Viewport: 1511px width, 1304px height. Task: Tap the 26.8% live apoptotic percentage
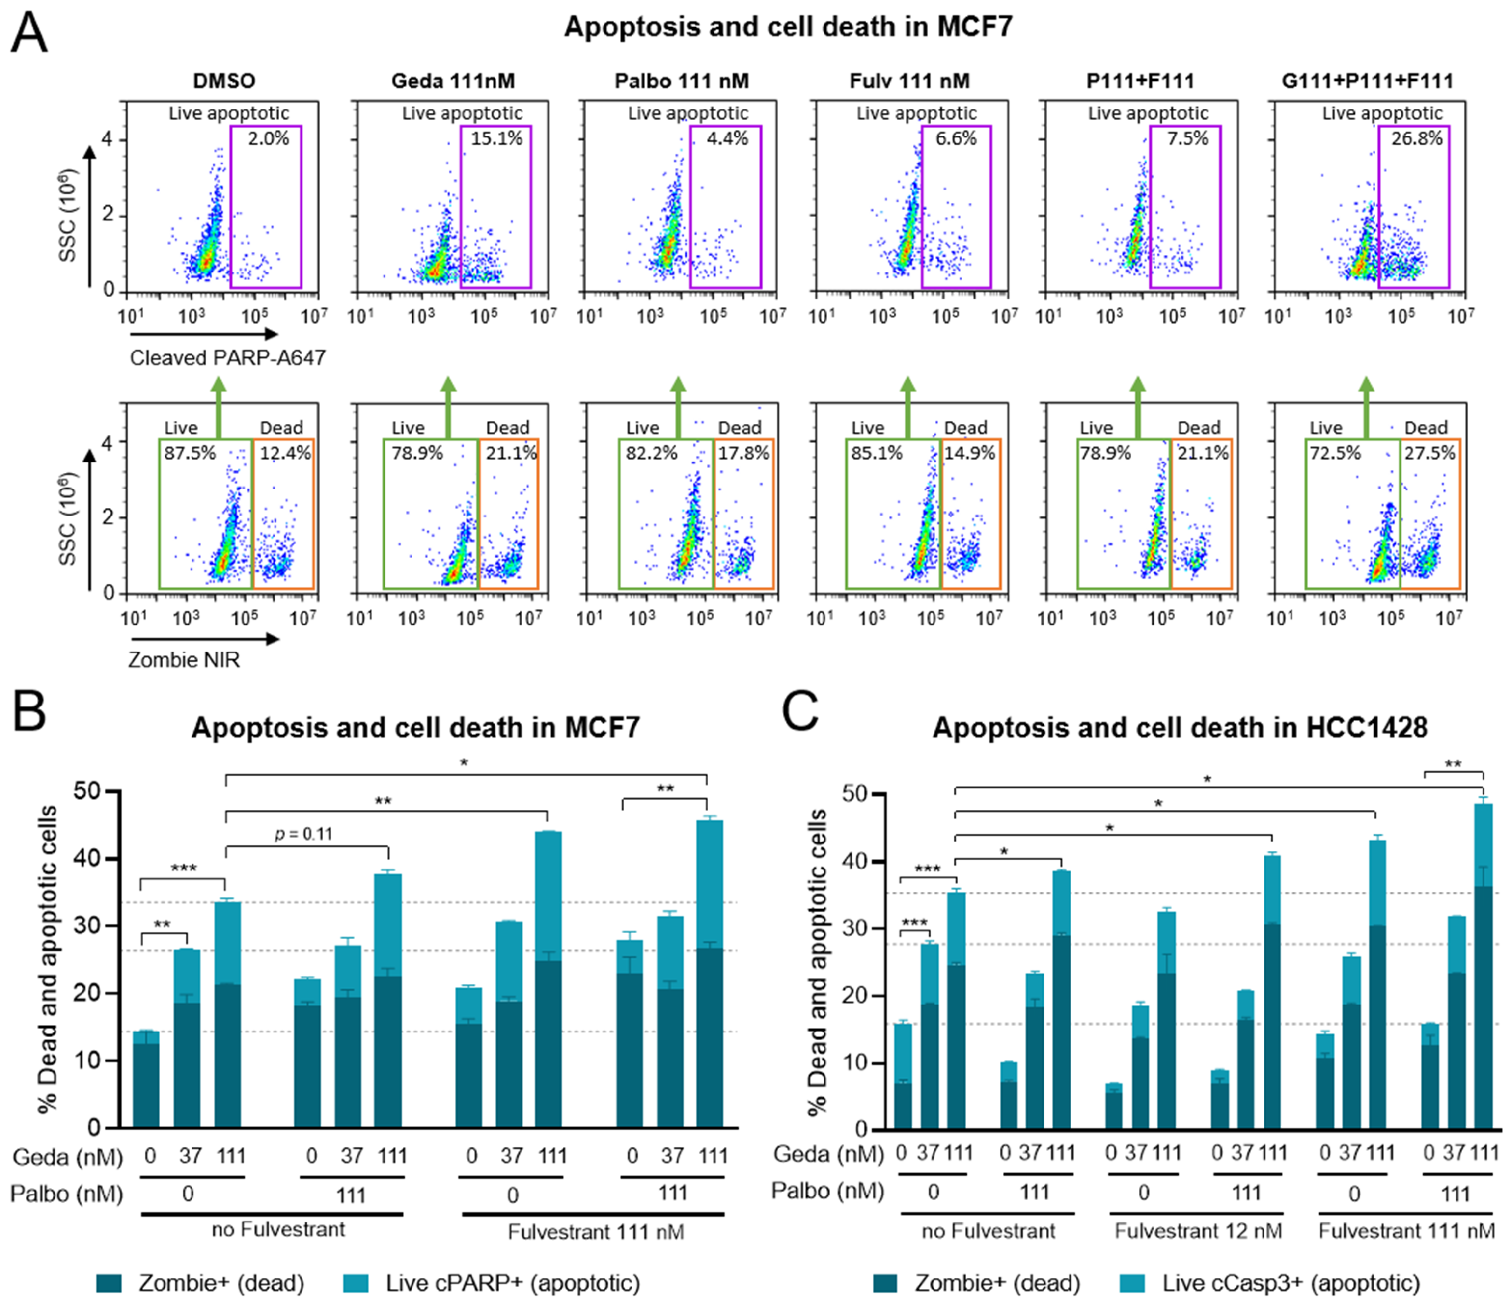pyautogui.click(x=1416, y=138)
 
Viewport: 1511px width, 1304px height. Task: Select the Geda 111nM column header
pyautogui.click(x=453, y=81)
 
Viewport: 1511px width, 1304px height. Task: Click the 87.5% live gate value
pyautogui.click(x=190, y=453)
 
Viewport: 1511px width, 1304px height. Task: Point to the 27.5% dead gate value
pyautogui.click(x=1429, y=453)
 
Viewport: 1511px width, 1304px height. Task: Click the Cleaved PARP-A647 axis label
pyautogui.click(x=227, y=357)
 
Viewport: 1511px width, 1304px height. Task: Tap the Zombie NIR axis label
pyautogui.click(x=184, y=660)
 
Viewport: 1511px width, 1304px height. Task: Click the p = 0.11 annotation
pyautogui.click(x=303, y=833)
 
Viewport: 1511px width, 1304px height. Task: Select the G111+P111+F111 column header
pyautogui.click(x=1367, y=81)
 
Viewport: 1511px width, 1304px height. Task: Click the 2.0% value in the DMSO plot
pyautogui.click(x=268, y=138)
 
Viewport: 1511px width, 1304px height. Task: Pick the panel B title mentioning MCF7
pyautogui.click(x=415, y=728)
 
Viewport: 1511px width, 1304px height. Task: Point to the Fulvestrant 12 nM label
pyautogui.click(x=1198, y=1231)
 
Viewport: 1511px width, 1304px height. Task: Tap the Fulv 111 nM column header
pyautogui.click(x=909, y=81)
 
